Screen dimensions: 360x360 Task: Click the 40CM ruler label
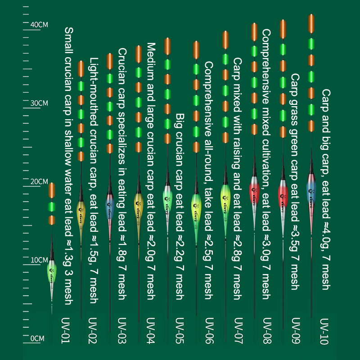pos(39,25)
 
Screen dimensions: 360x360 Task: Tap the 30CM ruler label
pos(39,103)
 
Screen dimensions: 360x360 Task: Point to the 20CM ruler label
pos(39,181)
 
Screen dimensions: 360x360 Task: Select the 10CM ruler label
pos(39,260)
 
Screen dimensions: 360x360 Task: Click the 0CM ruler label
pos(37,338)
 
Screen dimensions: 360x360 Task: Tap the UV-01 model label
pos(66,331)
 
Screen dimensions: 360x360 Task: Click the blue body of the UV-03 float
pos(109,200)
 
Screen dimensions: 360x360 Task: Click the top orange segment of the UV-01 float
pos(52,189)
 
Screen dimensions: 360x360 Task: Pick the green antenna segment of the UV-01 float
pos(52,207)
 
